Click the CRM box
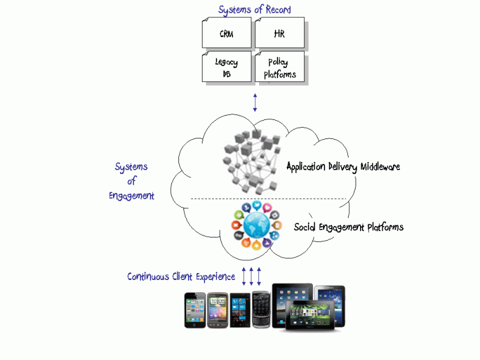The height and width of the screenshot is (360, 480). (226, 34)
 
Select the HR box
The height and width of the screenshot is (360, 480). (279, 34)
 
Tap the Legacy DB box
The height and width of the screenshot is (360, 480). (226, 68)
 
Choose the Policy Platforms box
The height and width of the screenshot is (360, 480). (279, 68)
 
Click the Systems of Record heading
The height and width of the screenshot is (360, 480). (254, 10)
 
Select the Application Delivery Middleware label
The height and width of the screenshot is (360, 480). (343, 167)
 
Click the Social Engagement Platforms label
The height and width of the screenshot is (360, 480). (349, 227)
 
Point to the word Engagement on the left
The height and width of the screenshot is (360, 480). (131, 196)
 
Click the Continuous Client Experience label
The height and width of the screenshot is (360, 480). (181, 277)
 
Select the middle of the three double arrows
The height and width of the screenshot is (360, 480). (251, 277)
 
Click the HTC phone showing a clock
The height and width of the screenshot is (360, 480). (218, 310)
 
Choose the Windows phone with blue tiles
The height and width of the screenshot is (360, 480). (239, 310)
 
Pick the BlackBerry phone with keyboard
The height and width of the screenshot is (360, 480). (260, 309)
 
